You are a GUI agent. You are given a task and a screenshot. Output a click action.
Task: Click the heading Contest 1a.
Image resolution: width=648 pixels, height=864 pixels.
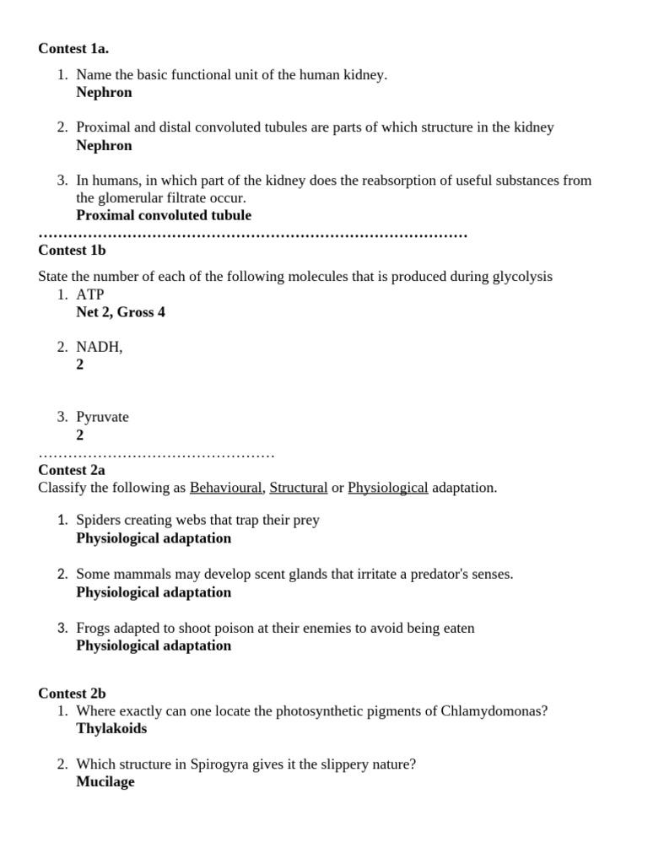73,49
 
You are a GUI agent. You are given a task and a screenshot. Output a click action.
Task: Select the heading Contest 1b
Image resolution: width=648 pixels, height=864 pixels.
72,250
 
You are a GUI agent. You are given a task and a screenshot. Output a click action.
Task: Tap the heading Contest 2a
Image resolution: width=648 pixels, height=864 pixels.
72,470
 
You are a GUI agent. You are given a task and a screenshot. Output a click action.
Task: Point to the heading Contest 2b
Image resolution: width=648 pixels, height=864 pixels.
72,693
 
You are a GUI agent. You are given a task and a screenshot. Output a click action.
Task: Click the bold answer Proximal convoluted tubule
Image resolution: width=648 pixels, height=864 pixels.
164,215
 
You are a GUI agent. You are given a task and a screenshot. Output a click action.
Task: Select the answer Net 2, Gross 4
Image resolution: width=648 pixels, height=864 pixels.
121,312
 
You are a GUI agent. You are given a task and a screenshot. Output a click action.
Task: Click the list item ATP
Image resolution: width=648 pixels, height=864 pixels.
90,294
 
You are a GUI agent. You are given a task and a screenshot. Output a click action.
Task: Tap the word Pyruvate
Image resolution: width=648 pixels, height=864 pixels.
102,417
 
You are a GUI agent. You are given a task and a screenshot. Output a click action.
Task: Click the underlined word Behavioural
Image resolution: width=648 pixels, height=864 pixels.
226,488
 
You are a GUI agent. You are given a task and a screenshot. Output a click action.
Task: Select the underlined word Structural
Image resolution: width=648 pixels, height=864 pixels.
299,488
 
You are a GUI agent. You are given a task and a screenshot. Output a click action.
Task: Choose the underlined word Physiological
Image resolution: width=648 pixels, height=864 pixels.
387,488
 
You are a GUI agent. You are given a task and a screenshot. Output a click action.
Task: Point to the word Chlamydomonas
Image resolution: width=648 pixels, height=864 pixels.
494,710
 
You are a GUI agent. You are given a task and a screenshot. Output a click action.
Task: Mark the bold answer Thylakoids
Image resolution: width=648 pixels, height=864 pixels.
111,728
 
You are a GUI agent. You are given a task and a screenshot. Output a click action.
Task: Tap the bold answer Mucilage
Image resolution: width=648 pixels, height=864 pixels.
105,782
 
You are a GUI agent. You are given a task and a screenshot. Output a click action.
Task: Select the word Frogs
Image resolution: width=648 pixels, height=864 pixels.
93,628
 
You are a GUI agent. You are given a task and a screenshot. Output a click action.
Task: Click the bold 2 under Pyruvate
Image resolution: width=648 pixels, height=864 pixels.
80,435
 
